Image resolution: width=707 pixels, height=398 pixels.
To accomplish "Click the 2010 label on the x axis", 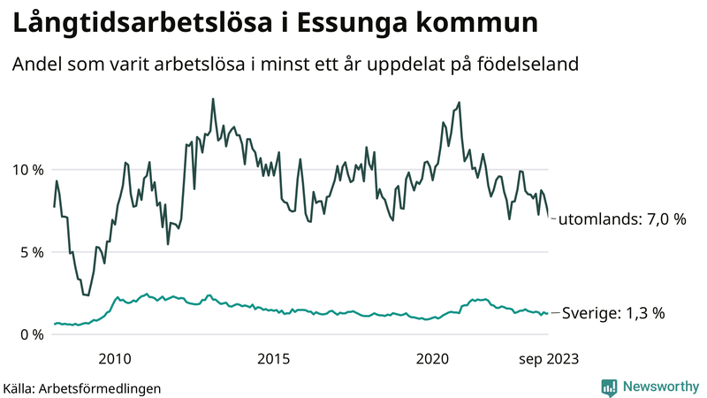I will tap(116, 358).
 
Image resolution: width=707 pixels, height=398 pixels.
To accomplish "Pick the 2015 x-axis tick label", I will tap(273, 358).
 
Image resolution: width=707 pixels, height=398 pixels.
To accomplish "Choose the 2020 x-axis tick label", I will tap(432, 358).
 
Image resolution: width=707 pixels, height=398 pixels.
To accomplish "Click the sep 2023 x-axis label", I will tap(548, 358).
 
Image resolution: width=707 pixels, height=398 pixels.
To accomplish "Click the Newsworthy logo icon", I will tap(609, 387).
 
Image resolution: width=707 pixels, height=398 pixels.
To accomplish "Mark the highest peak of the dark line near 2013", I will tap(213, 99).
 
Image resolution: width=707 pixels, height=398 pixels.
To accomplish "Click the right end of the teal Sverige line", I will tap(548, 313).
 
